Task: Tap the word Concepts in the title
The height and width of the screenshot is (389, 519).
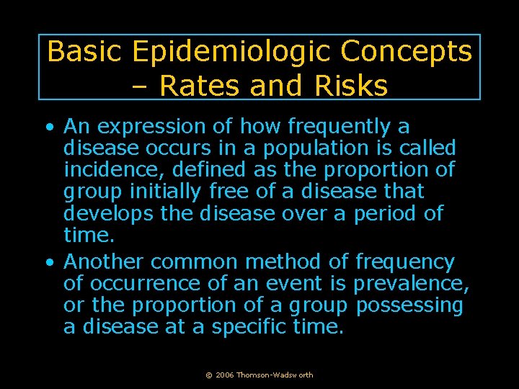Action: (406, 52)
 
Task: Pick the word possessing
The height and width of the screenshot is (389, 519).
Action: (409, 305)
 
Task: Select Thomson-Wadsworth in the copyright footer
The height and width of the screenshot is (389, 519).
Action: (275, 375)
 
